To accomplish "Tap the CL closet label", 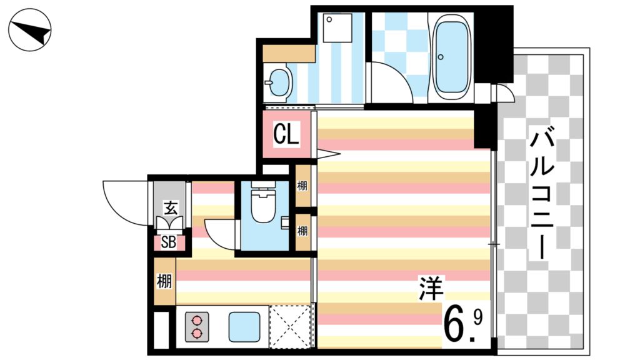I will [x=286, y=134].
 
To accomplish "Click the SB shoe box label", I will [x=168, y=242].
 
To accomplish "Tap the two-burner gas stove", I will [x=197, y=326].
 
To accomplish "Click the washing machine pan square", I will [x=337, y=27].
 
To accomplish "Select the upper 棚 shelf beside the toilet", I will [x=303, y=186].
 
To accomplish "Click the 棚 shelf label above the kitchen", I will [x=164, y=282].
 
